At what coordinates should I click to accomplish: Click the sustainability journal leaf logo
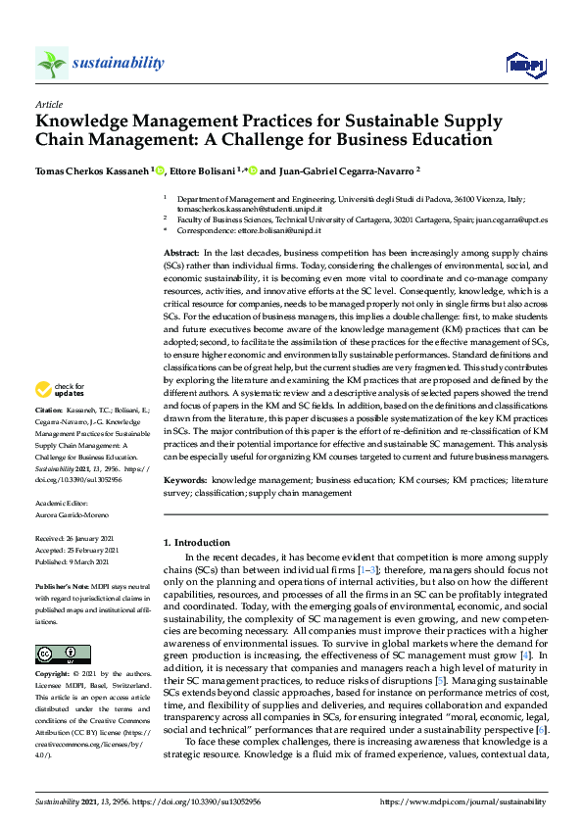51,63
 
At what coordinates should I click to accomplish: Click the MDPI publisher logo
525,65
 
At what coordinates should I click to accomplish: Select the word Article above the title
49,103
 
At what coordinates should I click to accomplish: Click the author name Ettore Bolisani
205,170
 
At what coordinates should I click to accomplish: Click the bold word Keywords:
185,481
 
